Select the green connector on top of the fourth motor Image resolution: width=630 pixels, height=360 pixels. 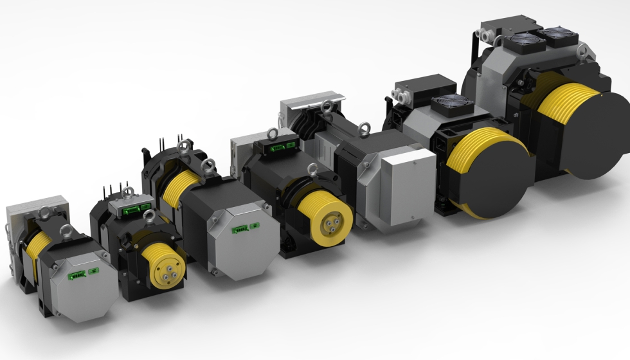point(278,148)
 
